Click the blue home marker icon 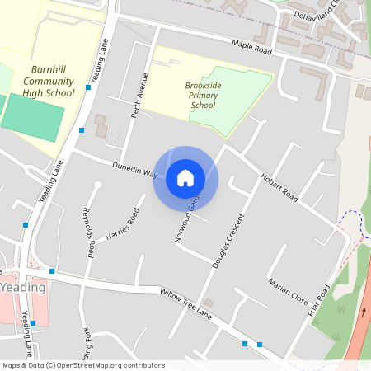tap(185, 178)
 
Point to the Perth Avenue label tap(139, 96)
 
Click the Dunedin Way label tap(135, 169)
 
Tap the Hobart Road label tap(279, 187)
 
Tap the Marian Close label tap(288, 291)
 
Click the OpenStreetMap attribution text tap(82, 365)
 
